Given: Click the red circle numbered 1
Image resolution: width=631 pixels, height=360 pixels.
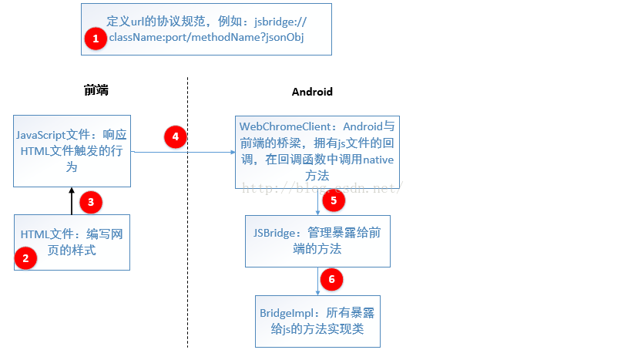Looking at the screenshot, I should point(96,39).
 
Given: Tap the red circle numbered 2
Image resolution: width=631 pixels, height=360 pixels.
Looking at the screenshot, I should point(26,258).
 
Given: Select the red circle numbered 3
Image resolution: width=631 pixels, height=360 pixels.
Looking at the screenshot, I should point(91,203).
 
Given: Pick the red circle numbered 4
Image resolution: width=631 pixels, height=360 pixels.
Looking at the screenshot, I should point(176,137).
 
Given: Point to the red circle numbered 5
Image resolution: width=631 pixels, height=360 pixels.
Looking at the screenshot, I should point(334,201).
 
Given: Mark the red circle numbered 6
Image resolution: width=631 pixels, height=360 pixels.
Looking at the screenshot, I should point(331,279).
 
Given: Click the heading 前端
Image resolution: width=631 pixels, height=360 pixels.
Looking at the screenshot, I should point(96,91).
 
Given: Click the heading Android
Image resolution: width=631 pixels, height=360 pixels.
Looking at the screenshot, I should point(312,92).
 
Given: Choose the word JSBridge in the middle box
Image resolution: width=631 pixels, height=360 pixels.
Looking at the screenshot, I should point(273,232).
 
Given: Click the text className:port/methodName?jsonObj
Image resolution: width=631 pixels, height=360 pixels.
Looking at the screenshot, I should point(206,38).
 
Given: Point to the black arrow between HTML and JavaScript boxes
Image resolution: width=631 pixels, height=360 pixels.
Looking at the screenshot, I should point(71,200).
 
